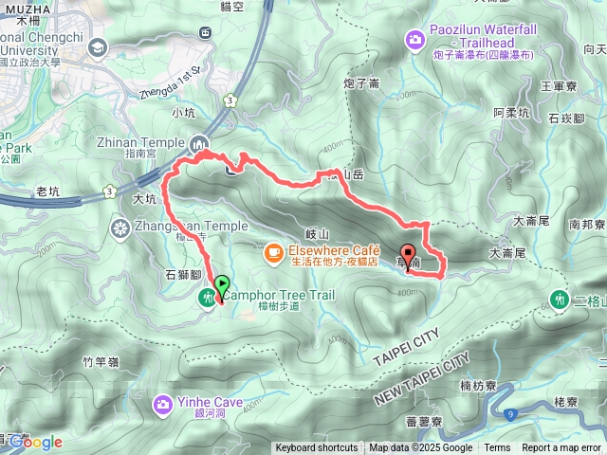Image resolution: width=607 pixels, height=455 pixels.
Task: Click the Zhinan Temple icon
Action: pos(200,145)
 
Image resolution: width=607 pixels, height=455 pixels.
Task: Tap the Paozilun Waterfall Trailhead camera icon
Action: pos(415,39)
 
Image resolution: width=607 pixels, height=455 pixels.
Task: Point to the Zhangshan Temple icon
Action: pos(120,227)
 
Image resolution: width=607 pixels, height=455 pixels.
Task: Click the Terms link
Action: pos(497,448)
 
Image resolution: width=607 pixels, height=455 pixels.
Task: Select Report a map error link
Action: pos(561,448)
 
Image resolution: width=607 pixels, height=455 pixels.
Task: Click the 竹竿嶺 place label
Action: pos(100,361)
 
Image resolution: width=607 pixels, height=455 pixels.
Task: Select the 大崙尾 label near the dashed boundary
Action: pos(506,254)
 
